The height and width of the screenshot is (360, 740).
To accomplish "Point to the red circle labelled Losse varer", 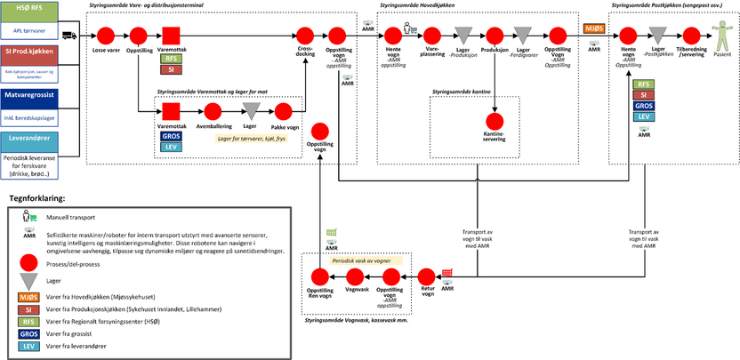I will [105, 35].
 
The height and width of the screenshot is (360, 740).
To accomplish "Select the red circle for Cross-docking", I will [305, 35].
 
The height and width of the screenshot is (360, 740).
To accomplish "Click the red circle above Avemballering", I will [213, 110].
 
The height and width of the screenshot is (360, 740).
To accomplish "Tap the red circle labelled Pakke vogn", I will [284, 110].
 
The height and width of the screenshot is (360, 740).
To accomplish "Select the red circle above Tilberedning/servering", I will [690, 35].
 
